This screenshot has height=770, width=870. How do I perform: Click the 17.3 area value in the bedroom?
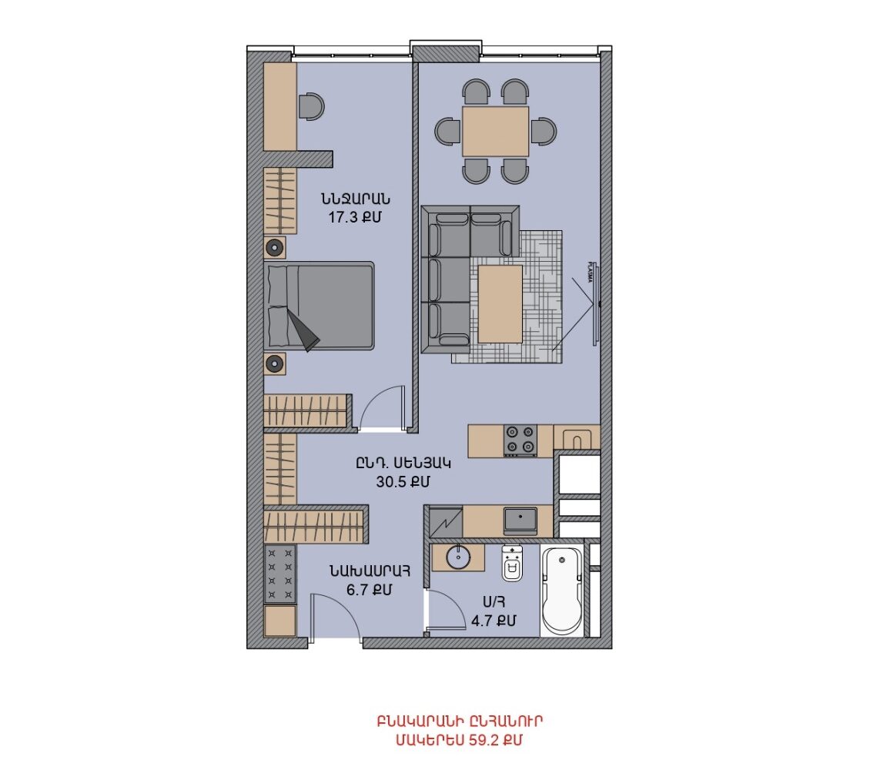click(x=345, y=217)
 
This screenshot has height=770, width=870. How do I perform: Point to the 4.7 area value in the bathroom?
click(x=483, y=620)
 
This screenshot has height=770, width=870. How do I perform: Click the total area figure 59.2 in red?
click(x=486, y=741)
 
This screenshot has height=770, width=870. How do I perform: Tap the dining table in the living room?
click(x=495, y=132)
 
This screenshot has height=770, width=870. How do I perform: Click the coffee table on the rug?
click(x=500, y=304)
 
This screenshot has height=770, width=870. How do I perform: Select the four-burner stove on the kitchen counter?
click(x=520, y=440)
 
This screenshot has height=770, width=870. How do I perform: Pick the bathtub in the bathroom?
click(x=562, y=591)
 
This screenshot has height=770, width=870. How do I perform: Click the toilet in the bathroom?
click(x=512, y=564)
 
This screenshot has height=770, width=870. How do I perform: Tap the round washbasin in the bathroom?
click(x=459, y=557)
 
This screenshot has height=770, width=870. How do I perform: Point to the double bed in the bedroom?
click(x=319, y=306)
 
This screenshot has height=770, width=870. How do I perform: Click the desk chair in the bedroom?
click(x=311, y=106)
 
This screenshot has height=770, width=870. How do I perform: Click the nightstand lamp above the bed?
click(x=275, y=247)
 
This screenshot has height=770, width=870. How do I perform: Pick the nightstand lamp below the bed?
click(x=274, y=364)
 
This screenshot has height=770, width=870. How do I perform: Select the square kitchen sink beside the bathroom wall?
click(x=520, y=521)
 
